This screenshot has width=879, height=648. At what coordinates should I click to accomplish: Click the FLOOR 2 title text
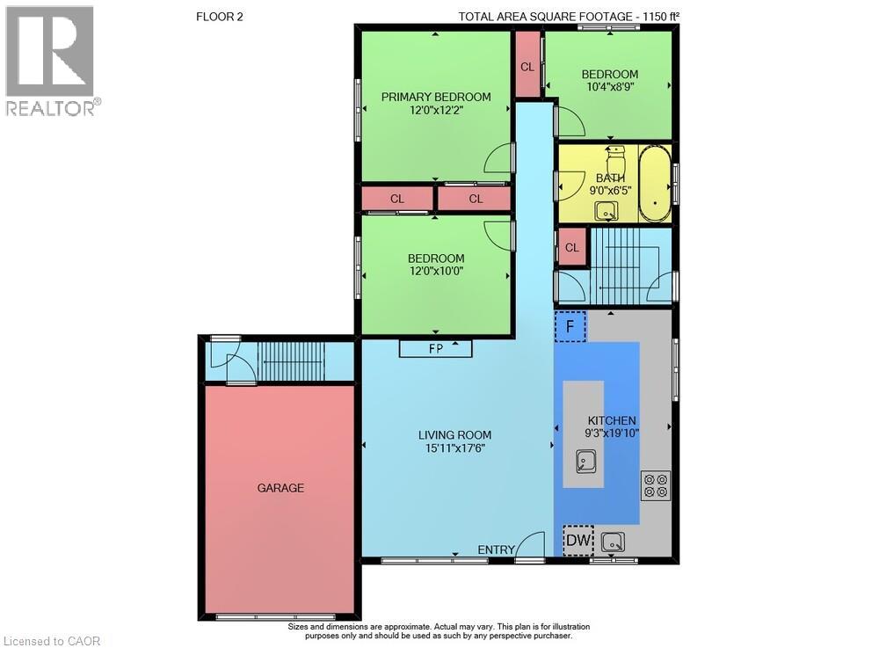(x=220, y=17)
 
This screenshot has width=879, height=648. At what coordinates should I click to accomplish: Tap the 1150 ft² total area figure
(x=661, y=16)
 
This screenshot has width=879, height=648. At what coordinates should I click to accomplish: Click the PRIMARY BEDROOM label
(x=436, y=97)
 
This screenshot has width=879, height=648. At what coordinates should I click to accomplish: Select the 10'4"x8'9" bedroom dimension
(x=610, y=87)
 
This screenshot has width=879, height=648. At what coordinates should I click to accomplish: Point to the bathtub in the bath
(x=655, y=183)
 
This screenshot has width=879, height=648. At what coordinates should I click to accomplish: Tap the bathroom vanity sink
(x=606, y=211)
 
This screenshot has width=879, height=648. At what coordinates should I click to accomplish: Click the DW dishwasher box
(x=578, y=541)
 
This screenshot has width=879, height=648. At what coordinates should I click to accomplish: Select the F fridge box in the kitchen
(x=570, y=326)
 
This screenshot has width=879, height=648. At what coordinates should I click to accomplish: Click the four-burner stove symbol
(x=656, y=485)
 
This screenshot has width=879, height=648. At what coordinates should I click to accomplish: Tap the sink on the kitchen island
(x=584, y=462)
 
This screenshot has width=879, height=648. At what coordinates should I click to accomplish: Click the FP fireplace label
(x=436, y=349)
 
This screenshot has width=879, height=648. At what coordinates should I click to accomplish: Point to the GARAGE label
(x=280, y=488)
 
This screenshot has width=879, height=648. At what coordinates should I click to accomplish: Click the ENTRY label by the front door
(x=496, y=550)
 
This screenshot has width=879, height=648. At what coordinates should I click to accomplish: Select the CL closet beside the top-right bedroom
(x=527, y=67)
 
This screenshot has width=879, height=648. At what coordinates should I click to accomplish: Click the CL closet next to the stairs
(x=572, y=247)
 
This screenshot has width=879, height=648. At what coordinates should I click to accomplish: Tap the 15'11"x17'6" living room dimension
(x=454, y=448)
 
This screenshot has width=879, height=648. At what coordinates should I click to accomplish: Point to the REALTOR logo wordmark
(x=54, y=108)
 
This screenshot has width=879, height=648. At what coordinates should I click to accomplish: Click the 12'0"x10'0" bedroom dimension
(x=436, y=271)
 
